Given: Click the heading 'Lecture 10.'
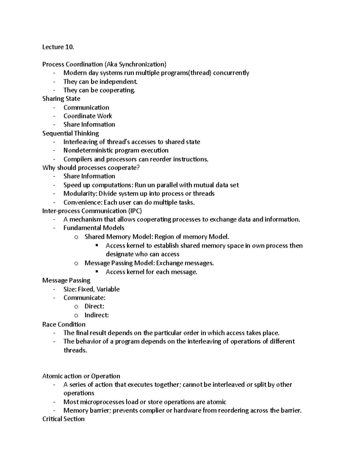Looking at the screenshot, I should click(58, 47).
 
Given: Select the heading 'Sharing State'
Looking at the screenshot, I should click(61, 99).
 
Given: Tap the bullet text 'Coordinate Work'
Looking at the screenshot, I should click(88, 116).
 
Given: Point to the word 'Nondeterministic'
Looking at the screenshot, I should click(88, 150).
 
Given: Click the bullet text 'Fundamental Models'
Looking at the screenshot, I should click(94, 228).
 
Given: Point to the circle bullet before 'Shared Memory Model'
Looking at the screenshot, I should click(76, 237).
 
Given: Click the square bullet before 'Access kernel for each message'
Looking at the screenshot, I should click(97, 272).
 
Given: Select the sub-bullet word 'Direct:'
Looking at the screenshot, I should click(94, 306).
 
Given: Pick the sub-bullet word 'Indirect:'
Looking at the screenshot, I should click(97, 315).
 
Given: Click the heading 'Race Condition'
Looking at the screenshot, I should click(64, 324).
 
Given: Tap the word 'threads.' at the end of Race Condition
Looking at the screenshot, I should click(75, 350).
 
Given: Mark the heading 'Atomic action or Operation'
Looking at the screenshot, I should click(81, 376).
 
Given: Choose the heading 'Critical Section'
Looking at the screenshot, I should click(64, 419).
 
